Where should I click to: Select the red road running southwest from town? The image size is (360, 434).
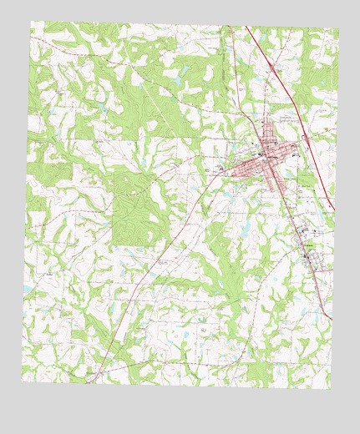(167, 250)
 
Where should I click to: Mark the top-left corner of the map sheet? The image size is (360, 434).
(33, 23)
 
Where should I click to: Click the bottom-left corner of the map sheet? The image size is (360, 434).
(22, 380)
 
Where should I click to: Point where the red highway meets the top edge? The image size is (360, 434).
(246, 27)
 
